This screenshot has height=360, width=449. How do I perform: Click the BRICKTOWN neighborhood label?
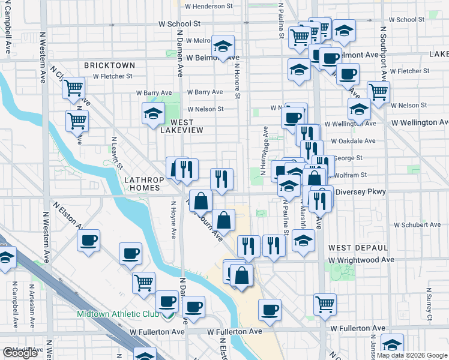(110, 65)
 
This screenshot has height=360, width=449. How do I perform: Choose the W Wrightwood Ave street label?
(361, 260)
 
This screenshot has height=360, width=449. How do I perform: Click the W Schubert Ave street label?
(418, 224)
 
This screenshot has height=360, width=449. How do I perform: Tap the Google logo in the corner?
(20, 353)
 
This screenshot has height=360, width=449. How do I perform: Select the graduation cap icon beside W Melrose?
(223, 46)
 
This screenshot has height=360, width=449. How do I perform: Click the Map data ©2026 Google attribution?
(411, 355)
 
